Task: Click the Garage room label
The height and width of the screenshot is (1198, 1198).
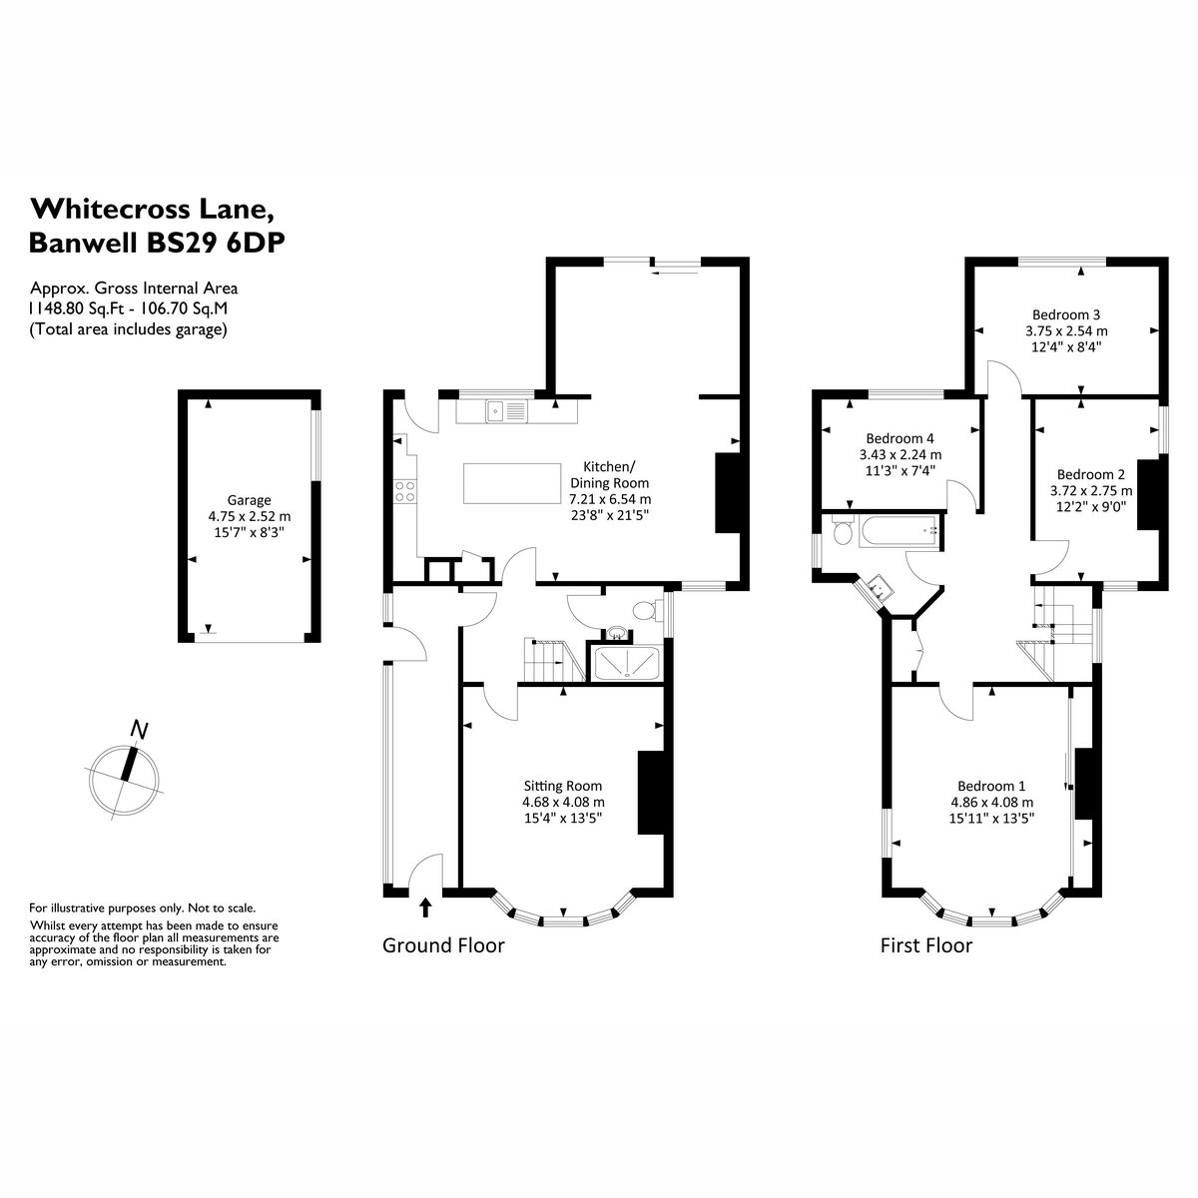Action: (x=250, y=500)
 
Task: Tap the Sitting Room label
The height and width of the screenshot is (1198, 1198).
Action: (x=563, y=786)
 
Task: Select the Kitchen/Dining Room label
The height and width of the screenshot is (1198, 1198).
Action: (x=609, y=474)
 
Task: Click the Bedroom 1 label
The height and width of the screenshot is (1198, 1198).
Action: (x=991, y=786)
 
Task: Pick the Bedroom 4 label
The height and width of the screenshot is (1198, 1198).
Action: (x=899, y=437)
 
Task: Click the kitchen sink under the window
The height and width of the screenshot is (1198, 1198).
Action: (x=507, y=411)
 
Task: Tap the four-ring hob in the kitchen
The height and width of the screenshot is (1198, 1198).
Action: (x=404, y=491)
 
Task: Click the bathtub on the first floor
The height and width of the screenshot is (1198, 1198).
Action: (x=900, y=530)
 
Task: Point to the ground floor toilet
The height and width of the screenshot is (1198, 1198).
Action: (x=645, y=610)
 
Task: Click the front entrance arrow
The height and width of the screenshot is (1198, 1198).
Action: (x=426, y=907)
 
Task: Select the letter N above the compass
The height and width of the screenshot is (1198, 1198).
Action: (x=140, y=730)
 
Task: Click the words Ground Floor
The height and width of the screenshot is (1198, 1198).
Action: (x=443, y=945)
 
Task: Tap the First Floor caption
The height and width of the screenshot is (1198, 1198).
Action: (x=926, y=945)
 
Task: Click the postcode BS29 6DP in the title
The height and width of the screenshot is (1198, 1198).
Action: (x=215, y=243)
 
